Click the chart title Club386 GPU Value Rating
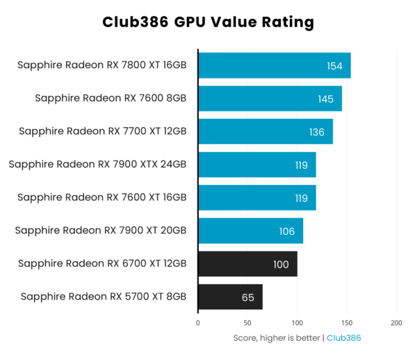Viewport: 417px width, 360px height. point(208,22)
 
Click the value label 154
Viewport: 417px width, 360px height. point(335,66)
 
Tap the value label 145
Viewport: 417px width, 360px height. point(326,99)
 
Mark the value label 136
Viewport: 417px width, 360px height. point(317,132)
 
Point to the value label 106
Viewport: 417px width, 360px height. point(287,231)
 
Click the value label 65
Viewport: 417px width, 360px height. point(248,297)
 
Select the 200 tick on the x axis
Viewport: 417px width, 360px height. point(396,323)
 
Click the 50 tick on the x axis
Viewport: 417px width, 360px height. point(247,323)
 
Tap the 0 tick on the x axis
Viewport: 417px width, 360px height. point(198,323)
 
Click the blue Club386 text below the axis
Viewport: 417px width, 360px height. point(343,338)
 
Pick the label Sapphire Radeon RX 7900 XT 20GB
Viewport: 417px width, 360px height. point(101,231)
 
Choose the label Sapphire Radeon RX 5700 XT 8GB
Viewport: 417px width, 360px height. point(104,297)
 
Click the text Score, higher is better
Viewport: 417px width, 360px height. point(277,338)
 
